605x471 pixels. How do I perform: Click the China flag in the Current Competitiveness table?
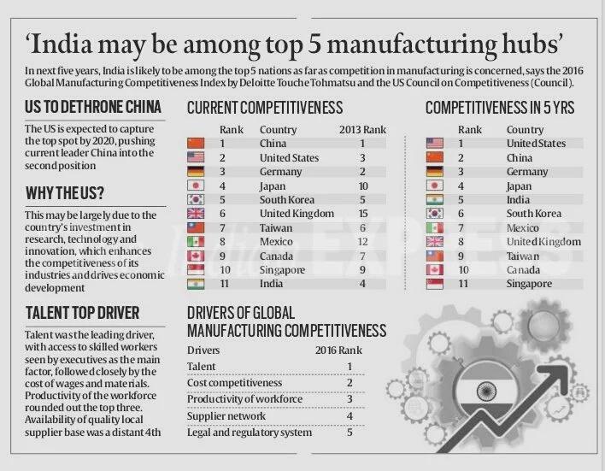(197, 144)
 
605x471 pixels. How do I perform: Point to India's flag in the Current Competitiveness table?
(197, 284)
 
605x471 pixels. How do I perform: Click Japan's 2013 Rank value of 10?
(363, 186)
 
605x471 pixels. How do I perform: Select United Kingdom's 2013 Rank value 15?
(363, 214)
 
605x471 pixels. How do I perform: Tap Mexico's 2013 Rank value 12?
(363, 242)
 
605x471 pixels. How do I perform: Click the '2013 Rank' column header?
(362, 129)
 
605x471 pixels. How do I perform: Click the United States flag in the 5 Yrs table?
(434, 144)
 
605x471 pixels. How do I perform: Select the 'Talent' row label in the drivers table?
(202, 367)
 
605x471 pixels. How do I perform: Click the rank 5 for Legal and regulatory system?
(349, 433)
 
